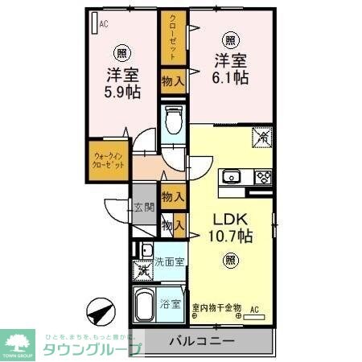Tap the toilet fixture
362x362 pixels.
pos(172,123)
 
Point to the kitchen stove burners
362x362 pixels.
pos(262,177)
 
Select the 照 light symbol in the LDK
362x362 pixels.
pos(230,260)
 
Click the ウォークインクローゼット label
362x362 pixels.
pos(107,158)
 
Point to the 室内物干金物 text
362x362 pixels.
pos(216,307)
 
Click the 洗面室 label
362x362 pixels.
pos(170,261)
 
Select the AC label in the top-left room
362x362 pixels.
pos(104,25)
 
